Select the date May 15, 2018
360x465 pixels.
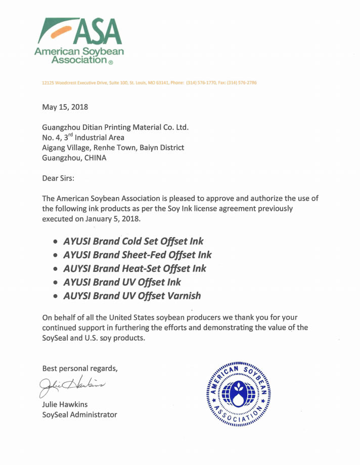click(65, 107)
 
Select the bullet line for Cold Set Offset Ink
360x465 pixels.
click(133, 241)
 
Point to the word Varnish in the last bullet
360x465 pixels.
click(184, 296)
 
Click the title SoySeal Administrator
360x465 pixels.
click(79, 414)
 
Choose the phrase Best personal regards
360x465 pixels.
click(80, 368)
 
